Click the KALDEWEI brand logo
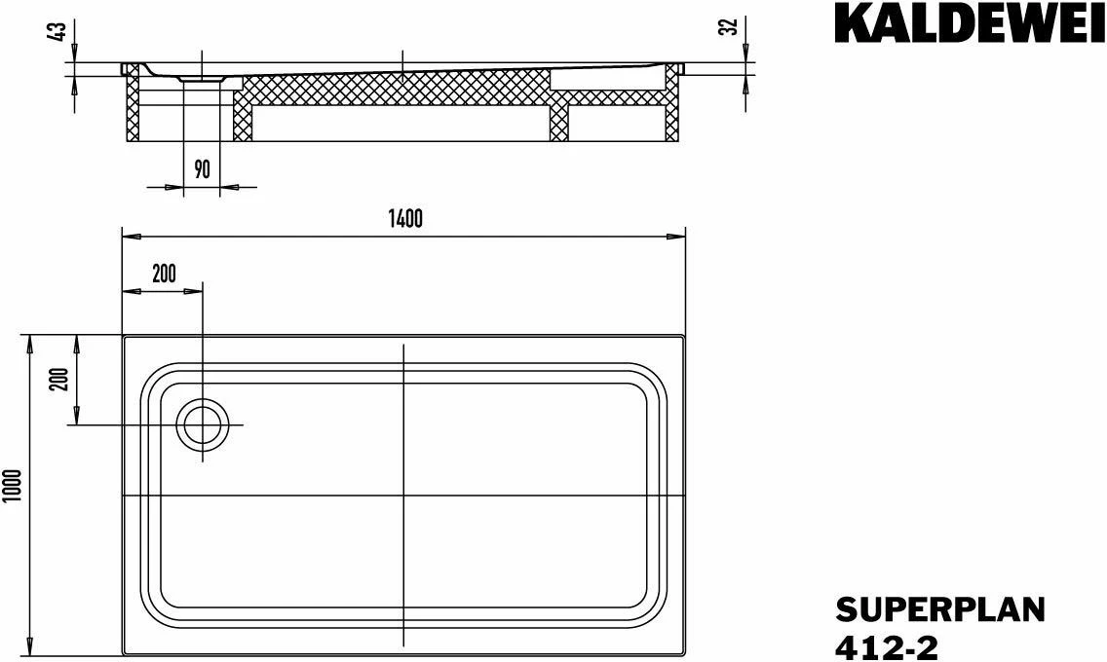pyautogui.click(x=970, y=26)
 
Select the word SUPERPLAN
pyautogui.click(x=939, y=610)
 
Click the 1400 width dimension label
pyautogui.click(x=404, y=219)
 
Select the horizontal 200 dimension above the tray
pyautogui.click(x=164, y=274)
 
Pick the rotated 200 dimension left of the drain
pyautogui.click(x=57, y=381)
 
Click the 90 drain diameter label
pyautogui.click(x=202, y=169)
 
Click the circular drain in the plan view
pyautogui.click(x=203, y=426)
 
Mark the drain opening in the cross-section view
pyautogui.click(x=203, y=80)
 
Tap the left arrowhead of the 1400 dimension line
pyautogui.click(x=128, y=237)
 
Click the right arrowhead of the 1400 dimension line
pyautogui.click(x=680, y=237)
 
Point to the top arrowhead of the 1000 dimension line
pyautogui.click(x=30, y=341)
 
